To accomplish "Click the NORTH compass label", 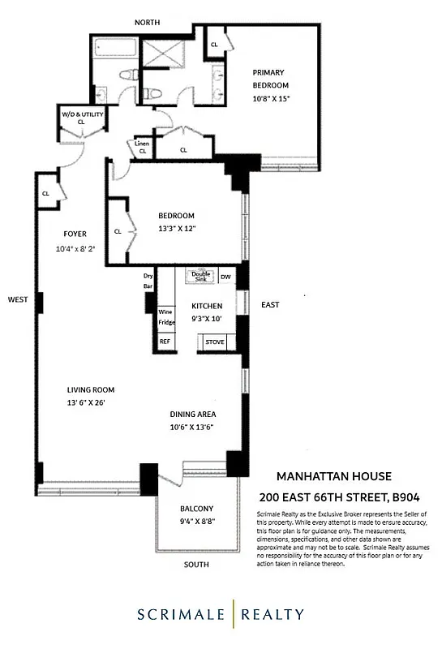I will [148, 22].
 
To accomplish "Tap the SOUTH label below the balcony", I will [195, 564].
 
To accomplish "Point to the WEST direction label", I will [18, 299].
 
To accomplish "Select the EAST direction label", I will [270, 305].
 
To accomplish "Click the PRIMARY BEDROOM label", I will [270, 79].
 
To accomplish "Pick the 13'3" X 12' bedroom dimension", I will [177, 229].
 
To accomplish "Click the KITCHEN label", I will [206, 306].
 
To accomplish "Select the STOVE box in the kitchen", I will [214, 342].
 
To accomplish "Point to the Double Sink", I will [200, 276].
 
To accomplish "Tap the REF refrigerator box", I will [165, 342].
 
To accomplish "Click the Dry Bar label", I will [148, 282].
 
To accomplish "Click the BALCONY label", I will [196, 509].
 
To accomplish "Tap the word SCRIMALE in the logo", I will [181, 614].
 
